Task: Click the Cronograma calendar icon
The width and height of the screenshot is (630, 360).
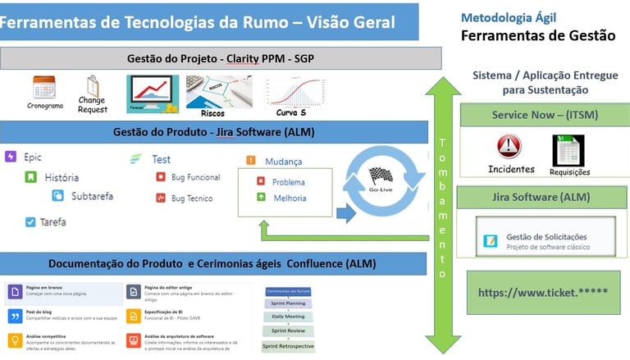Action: click(44, 87)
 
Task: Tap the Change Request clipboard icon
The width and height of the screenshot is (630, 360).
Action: click(93, 85)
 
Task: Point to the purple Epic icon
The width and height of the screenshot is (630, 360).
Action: click(11, 157)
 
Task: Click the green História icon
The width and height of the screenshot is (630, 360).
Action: click(31, 177)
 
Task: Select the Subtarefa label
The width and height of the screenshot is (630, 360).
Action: click(92, 196)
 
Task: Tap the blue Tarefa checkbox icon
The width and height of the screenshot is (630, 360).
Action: click(31, 221)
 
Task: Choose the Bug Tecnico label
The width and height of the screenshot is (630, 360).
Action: click(191, 198)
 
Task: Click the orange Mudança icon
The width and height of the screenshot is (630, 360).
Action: click(251, 161)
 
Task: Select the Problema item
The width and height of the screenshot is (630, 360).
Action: click(288, 182)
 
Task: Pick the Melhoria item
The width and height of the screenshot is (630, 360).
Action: click(289, 198)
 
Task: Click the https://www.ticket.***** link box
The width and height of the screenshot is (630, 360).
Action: click(543, 292)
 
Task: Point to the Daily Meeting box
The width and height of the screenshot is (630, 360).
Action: click(288, 317)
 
